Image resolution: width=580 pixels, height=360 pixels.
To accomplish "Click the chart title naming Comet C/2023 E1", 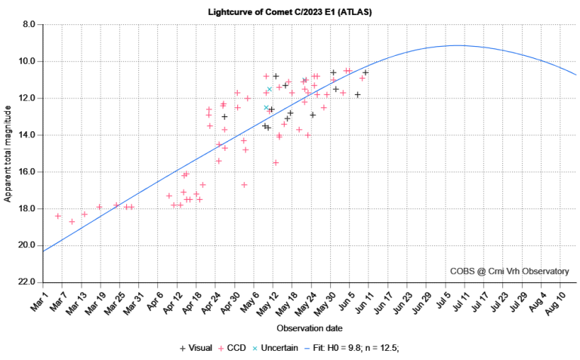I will (290, 13).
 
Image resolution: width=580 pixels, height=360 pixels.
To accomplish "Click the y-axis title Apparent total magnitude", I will (8, 153).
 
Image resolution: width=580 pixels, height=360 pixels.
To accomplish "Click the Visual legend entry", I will (196, 348).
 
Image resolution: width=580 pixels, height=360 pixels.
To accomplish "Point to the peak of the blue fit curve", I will (458, 45).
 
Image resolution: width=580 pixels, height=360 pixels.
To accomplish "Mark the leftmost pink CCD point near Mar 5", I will (58, 216).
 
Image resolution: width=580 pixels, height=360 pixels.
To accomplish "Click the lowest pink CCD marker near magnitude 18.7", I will (72, 221).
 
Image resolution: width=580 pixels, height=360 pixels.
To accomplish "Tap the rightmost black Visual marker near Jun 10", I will (366, 72).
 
